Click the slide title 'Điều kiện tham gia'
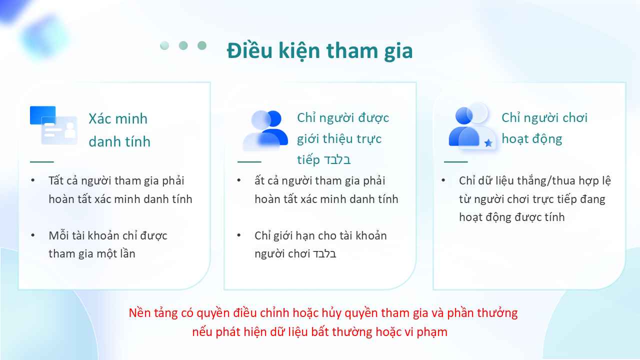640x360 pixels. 319,51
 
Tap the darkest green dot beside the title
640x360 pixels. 202,45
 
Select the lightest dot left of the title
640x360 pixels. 164,45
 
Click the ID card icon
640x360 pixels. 53,125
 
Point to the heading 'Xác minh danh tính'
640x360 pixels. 119,130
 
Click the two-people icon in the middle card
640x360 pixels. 265,130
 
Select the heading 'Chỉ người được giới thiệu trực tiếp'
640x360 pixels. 343,138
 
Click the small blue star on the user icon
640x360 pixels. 488,143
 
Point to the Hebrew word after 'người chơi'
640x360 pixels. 324,254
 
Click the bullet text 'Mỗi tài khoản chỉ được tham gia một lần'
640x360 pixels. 107,244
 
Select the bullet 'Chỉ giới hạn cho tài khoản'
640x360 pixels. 320,235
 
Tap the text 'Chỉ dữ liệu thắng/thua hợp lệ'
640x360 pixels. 535,181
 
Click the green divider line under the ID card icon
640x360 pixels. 41,161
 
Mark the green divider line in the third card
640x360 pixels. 455,161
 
